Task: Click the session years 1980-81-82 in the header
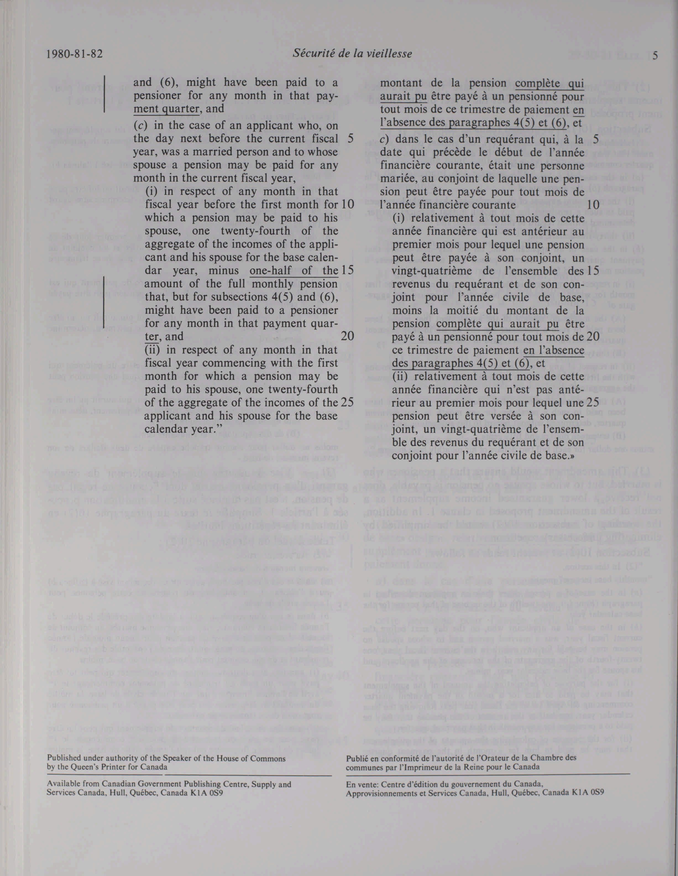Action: pos(75,54)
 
